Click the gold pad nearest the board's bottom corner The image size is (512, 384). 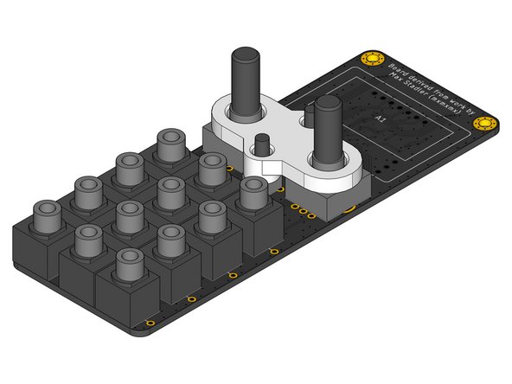click(x=150, y=324)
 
